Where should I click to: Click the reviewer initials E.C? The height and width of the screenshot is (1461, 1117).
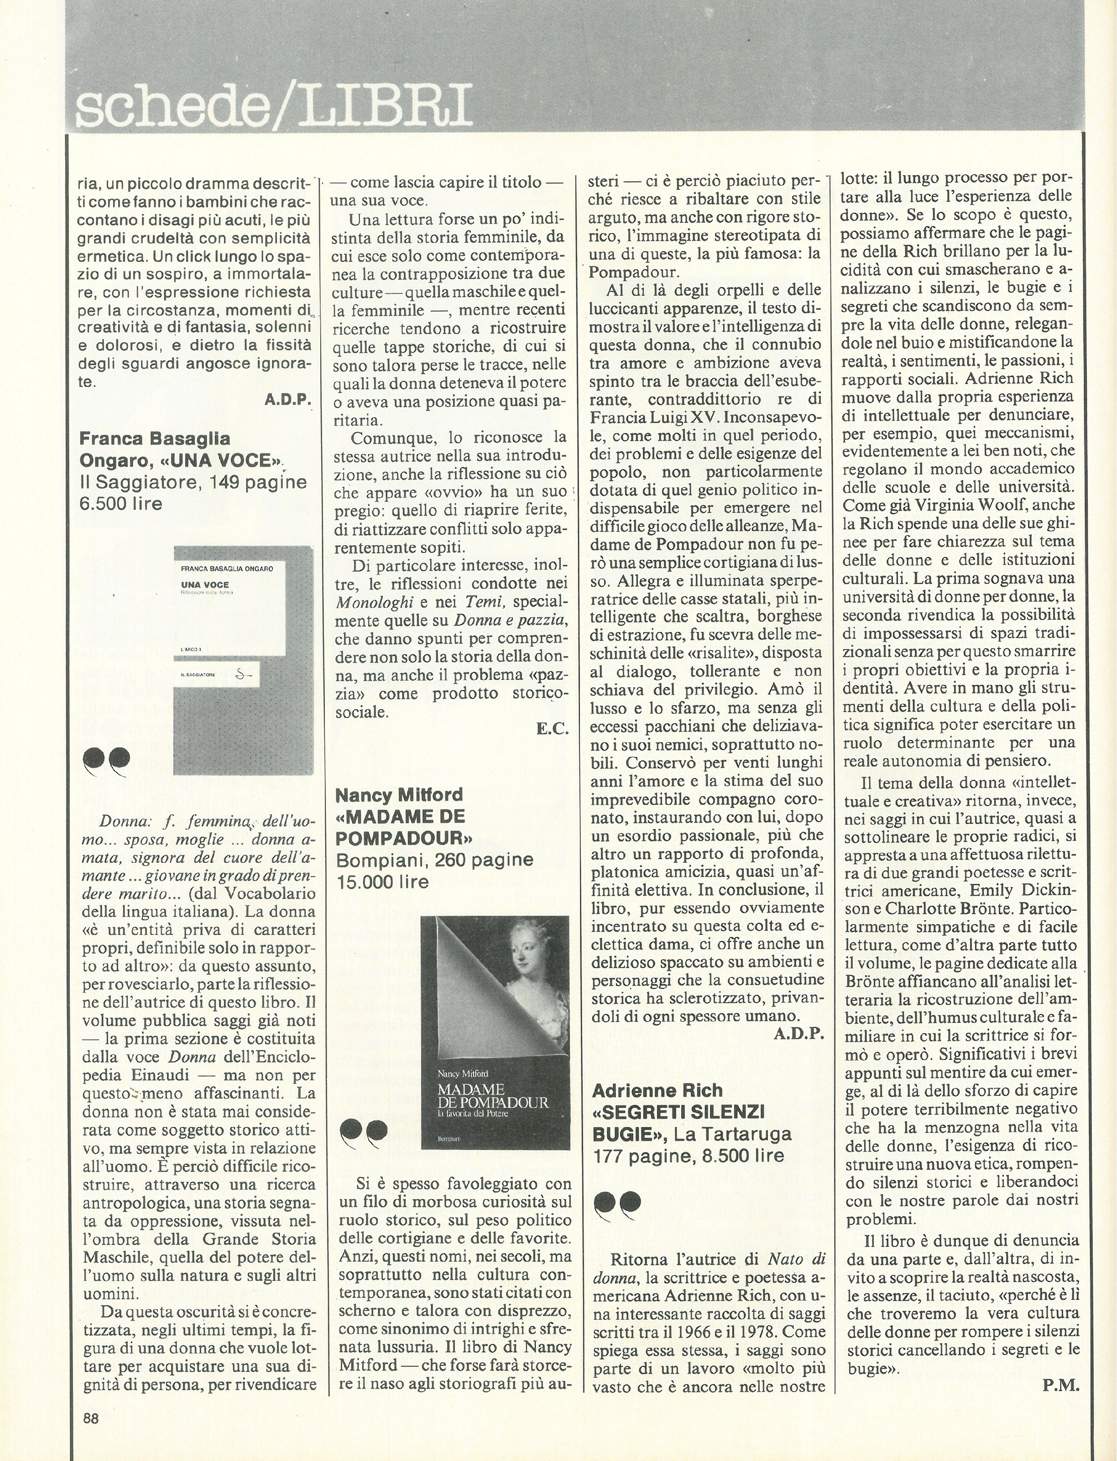click(x=553, y=729)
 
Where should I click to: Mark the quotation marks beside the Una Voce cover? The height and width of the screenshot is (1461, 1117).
click(x=106, y=761)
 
